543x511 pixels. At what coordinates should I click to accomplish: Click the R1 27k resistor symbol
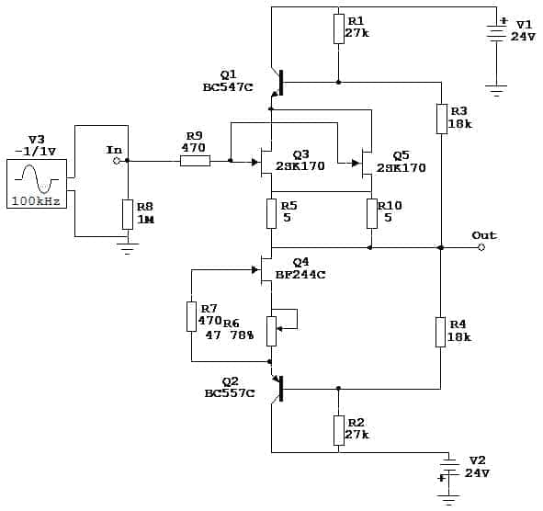tap(339, 29)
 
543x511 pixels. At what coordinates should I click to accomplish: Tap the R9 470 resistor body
tap(195, 161)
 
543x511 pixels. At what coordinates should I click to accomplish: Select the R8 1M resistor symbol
tap(128, 214)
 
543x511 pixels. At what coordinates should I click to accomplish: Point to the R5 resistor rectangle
tap(271, 213)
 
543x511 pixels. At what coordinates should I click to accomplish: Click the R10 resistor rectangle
tap(372, 213)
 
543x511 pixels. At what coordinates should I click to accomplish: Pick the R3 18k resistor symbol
tap(442, 119)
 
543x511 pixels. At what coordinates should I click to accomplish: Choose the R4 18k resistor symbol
tap(440, 332)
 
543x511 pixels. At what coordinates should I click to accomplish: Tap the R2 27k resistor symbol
tap(339, 431)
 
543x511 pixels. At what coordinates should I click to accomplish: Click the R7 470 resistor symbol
tap(191, 317)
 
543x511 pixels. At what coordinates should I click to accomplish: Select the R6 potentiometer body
tap(272, 331)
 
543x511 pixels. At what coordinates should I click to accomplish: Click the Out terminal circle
tap(481, 247)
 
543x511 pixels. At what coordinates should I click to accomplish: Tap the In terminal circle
tap(117, 161)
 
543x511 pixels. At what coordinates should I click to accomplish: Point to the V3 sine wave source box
tap(37, 184)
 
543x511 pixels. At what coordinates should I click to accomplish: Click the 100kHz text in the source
tap(36, 201)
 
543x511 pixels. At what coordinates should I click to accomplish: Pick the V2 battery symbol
tap(448, 471)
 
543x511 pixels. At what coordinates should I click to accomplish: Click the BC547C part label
tap(228, 87)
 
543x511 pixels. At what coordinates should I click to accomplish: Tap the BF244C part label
tap(300, 275)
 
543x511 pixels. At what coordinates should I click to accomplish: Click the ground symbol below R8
tap(128, 249)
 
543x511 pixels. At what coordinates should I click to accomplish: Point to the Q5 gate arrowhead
tap(356, 163)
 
